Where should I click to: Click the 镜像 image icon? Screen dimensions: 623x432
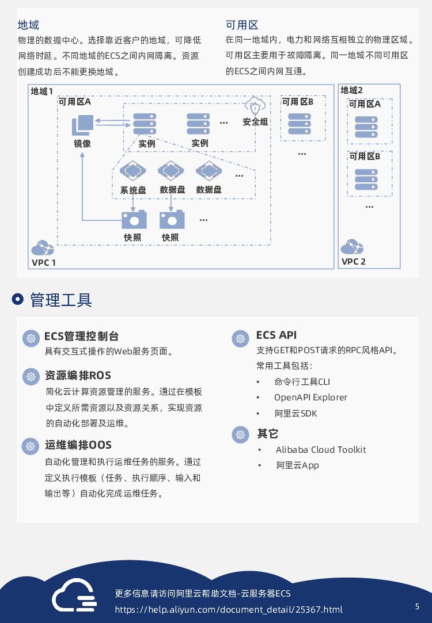click(82, 125)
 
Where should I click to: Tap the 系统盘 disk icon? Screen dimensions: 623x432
click(132, 171)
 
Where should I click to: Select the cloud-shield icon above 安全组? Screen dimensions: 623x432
click(255, 106)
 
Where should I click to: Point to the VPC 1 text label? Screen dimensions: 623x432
click(44, 263)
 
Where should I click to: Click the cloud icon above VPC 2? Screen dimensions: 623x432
click(351, 247)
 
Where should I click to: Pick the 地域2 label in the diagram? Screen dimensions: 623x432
click(351, 90)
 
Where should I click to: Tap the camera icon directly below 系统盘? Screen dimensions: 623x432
click(134, 219)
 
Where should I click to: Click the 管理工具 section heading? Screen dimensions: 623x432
click(60, 300)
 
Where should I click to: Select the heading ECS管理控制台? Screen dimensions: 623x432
click(81, 336)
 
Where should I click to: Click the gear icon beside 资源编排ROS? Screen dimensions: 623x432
click(31, 377)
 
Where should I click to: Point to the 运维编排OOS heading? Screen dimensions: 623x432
click(78, 445)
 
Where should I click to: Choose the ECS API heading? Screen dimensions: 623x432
click(276, 335)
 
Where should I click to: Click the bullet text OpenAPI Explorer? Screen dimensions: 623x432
click(310, 398)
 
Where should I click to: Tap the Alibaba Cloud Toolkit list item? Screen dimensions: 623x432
click(320, 450)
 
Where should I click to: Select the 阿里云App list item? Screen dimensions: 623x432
click(297, 465)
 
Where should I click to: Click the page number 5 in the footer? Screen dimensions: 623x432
click(417, 606)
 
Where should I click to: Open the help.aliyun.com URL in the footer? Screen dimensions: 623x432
click(229, 610)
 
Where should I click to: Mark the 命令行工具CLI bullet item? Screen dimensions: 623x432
click(302, 382)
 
